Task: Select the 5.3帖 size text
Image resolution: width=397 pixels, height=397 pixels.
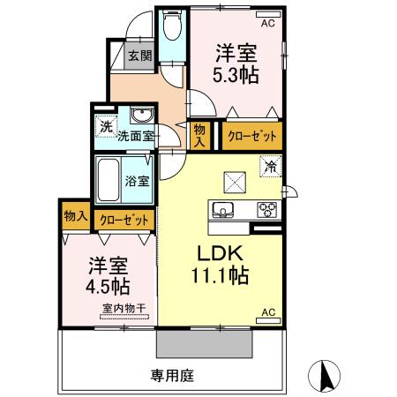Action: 236,75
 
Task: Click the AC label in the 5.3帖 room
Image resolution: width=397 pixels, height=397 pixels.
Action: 267,23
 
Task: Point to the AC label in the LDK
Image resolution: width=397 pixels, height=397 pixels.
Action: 268,312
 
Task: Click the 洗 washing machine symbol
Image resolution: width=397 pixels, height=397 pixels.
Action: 106,126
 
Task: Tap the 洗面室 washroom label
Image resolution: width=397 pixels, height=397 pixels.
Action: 136,137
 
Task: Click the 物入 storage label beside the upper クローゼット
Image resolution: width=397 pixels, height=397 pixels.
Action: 199,135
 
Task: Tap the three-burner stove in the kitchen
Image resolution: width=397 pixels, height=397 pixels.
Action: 266,209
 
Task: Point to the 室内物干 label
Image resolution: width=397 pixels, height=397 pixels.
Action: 123,308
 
